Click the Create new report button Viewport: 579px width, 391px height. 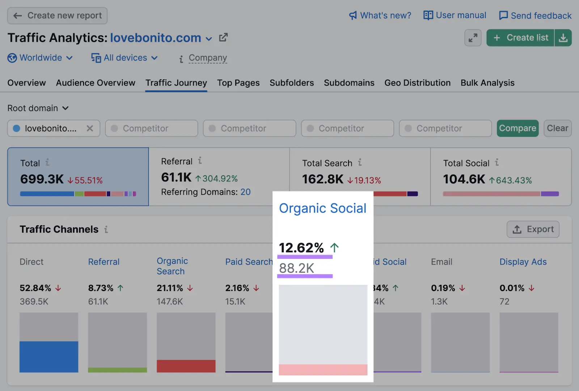58,16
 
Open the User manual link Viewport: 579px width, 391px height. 455,16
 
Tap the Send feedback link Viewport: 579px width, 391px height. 535,16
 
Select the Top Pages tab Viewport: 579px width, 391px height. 238,83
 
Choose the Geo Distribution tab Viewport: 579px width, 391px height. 417,83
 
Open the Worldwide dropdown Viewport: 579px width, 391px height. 41,58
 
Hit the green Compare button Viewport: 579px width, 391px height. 517,128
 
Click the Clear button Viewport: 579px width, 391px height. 557,128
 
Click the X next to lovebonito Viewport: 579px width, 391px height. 90,129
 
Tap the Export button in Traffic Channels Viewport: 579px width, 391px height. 533,229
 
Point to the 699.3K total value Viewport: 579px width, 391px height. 42,179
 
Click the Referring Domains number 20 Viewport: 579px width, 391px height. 245,192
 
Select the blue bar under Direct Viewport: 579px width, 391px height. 49,357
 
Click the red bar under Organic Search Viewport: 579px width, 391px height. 186,366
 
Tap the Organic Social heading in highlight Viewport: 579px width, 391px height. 322,209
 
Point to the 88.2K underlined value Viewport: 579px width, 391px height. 297,268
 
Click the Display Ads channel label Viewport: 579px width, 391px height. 523,262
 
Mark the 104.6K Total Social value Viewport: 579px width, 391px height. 464,179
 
